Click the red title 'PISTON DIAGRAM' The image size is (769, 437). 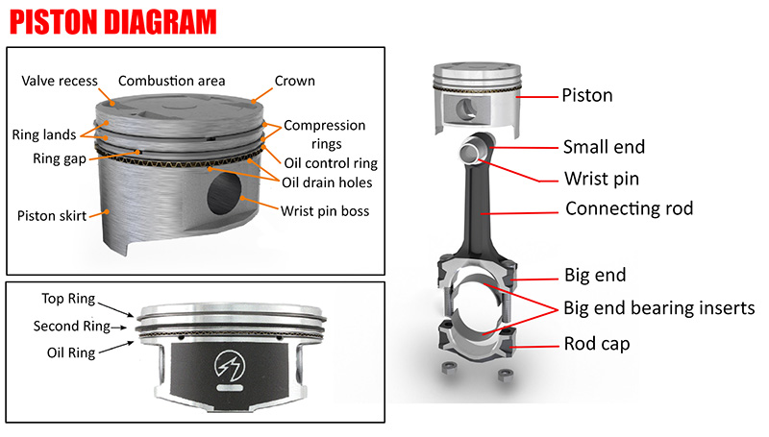click(112, 22)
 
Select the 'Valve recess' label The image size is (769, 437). click(60, 81)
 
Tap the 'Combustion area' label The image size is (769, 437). click(172, 81)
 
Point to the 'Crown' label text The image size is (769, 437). click(295, 81)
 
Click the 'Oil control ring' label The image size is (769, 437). click(331, 163)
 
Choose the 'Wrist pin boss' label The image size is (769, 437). click(325, 211)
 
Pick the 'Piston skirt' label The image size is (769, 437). click(52, 216)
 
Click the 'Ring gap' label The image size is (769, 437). click(60, 158)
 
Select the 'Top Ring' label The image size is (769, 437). click(68, 299)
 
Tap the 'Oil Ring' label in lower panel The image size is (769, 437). click(71, 352)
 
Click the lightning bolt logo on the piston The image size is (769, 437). click(230, 367)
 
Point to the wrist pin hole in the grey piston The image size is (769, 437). click(224, 193)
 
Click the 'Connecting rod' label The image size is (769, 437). click(630, 208)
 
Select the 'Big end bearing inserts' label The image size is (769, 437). click(659, 308)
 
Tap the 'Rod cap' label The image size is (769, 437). click(597, 344)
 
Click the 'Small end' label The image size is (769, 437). click(604, 147)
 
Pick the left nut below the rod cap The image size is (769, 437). click(450, 368)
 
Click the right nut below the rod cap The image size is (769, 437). click(506, 375)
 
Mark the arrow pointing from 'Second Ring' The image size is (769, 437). click(119, 328)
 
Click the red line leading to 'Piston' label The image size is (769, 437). click(537, 97)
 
